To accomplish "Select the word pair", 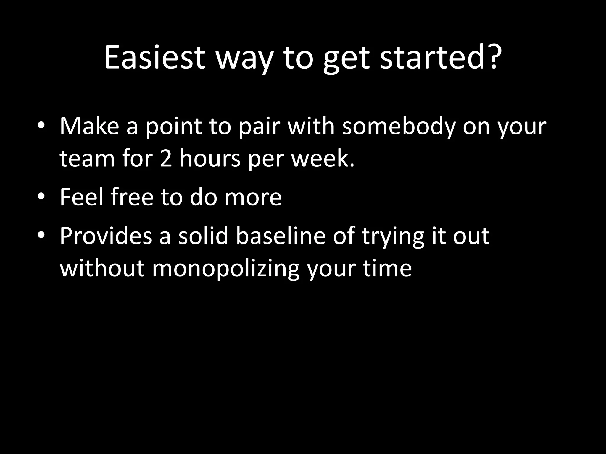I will [x=259, y=127].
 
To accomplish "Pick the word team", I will [x=87, y=159].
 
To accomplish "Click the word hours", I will [x=210, y=159].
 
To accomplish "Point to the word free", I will [x=132, y=197].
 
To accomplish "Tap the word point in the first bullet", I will [x=173, y=127].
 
